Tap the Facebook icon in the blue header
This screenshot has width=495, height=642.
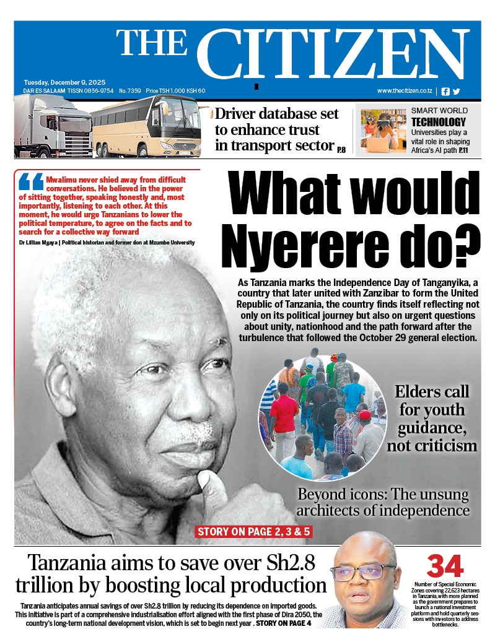point(445,91)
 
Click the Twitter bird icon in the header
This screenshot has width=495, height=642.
point(457,91)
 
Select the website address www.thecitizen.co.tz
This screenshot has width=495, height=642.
point(405,91)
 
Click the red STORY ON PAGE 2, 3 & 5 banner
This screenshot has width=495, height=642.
point(244,531)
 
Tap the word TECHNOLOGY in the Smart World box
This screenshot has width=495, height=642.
point(438,122)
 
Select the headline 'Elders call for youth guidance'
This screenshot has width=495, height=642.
point(432,418)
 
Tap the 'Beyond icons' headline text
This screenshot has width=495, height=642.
point(383,503)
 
